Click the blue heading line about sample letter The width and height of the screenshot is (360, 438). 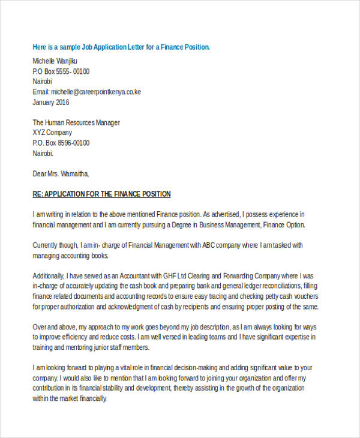pyautogui.click(x=121, y=47)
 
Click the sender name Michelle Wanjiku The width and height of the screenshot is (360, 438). pyautogui.click(x=55, y=61)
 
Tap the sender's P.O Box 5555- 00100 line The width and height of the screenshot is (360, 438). pyautogui.click(x=61, y=71)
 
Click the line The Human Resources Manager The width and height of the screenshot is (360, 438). pyautogui.click(x=76, y=122)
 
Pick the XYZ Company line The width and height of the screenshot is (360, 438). pyautogui.click(x=52, y=133)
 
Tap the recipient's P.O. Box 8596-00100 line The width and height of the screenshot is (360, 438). pyautogui.click(x=61, y=143)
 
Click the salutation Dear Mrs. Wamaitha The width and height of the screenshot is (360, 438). pyautogui.click(x=61, y=174)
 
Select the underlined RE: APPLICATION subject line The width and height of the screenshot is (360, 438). pyautogui.click(x=101, y=194)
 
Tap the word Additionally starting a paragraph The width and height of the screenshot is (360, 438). pyautogui.click(x=52, y=275)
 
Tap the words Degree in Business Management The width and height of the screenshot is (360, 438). pyautogui.click(x=211, y=225)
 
